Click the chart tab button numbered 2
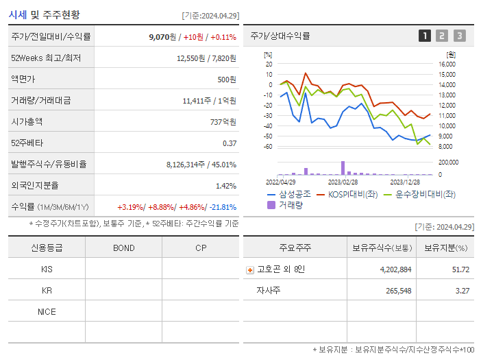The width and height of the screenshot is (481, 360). tap(442, 36)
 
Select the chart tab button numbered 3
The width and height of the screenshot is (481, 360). tap(459, 36)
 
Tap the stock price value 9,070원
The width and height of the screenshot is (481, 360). tap(164, 37)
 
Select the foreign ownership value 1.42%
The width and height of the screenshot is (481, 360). tap(225, 185)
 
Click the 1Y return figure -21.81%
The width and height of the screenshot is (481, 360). tap(222, 206)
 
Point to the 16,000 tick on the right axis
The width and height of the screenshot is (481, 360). tap(447, 64)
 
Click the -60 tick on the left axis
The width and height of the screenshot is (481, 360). tap(269, 147)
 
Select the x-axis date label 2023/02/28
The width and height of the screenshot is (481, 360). tap(343, 182)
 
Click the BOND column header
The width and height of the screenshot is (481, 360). tap(123, 248)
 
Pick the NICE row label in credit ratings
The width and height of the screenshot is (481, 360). tap(47, 311)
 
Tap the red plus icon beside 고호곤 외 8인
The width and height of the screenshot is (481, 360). tap(250, 269)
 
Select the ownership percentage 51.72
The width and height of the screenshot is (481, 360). tap(460, 269)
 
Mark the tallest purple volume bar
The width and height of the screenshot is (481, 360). tap(343, 168)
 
